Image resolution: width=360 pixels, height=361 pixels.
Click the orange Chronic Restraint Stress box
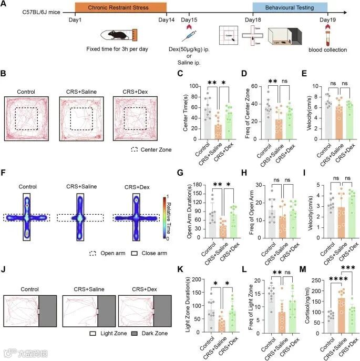(120, 7)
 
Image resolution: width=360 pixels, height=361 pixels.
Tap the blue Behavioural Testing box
(290, 7)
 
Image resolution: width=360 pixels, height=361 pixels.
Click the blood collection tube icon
(331, 37)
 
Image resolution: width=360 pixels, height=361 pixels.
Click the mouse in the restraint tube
(119, 36)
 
